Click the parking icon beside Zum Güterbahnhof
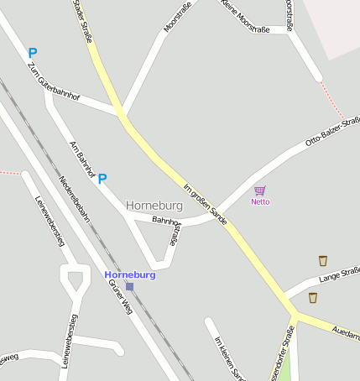(33, 53)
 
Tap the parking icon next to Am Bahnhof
(102, 178)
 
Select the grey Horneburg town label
(154, 205)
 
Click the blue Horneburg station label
(130, 274)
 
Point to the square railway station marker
(129, 286)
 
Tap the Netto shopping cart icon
(260, 190)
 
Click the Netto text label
(260, 201)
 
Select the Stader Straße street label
(81, 18)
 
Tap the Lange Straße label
(339, 272)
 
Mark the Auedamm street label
(345, 331)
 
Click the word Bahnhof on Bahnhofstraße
(166, 220)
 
